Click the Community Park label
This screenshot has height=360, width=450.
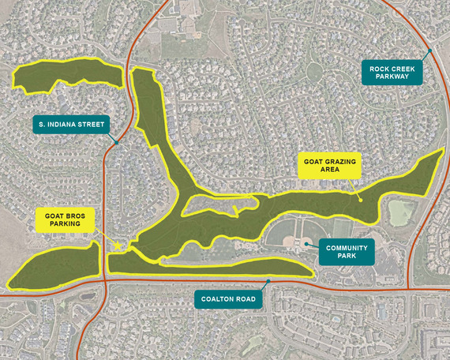click(347, 253)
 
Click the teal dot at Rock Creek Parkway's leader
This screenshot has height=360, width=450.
click(429, 53)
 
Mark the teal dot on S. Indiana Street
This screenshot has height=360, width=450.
click(116, 142)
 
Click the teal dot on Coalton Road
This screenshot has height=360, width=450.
click(268, 281)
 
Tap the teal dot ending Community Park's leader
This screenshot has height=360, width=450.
click(306, 244)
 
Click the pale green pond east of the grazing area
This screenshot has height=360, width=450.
click(401, 212)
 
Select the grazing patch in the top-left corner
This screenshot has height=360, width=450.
click(67, 75)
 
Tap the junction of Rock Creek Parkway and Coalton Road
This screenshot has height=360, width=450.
click(407, 288)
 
